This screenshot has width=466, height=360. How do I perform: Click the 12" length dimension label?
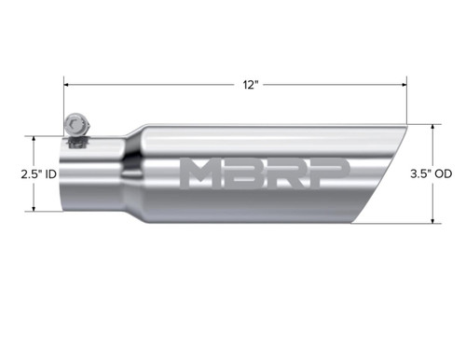pos(248,84)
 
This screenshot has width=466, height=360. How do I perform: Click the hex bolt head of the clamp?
pos(75,122)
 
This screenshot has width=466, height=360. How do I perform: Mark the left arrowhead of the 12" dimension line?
pos(67,84)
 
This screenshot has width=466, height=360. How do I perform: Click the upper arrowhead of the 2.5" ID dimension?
pos(34,138)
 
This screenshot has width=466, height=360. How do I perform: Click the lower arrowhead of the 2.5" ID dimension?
pos(34,209)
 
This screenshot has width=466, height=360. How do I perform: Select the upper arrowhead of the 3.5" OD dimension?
pos(433,126)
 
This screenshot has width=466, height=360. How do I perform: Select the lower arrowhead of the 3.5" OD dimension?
pos(433,222)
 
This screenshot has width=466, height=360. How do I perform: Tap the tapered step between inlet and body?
pos(133,174)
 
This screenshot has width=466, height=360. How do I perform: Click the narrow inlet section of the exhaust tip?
pos(93,174)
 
